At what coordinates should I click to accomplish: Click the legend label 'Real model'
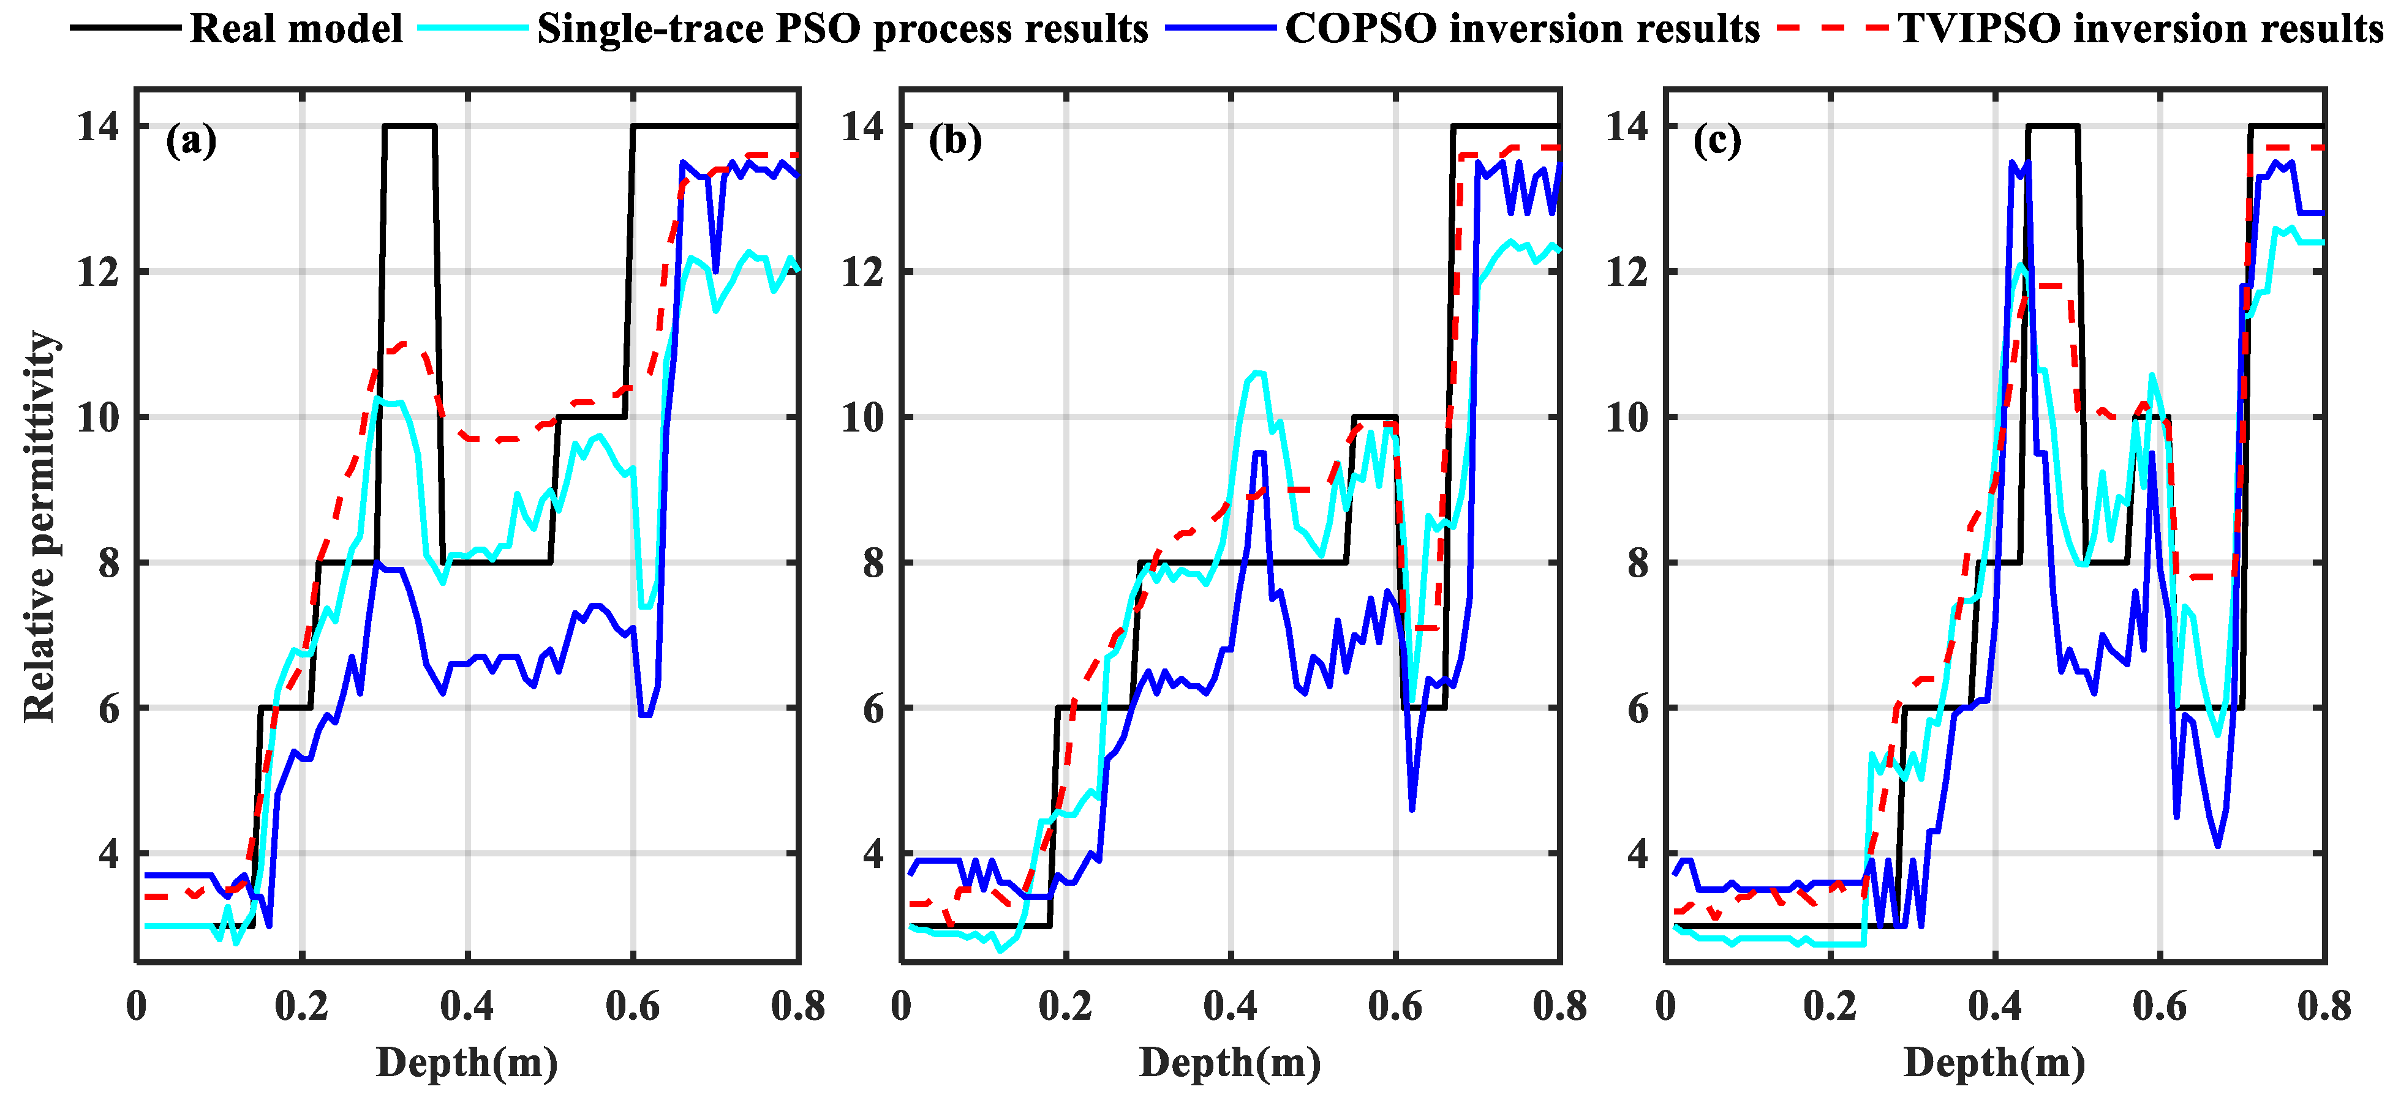click(296, 29)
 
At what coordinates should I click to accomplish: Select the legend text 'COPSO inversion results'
click(1521, 29)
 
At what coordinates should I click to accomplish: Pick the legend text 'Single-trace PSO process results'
click(842, 29)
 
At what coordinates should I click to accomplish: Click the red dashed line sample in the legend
click(1833, 29)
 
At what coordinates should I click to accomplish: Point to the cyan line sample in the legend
click(473, 29)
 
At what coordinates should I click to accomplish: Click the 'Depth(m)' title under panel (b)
click(1231, 1063)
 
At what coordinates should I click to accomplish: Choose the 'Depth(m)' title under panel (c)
click(1995, 1063)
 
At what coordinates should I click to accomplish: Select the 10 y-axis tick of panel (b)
click(864, 417)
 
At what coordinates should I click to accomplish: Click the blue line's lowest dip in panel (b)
click(1412, 809)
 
